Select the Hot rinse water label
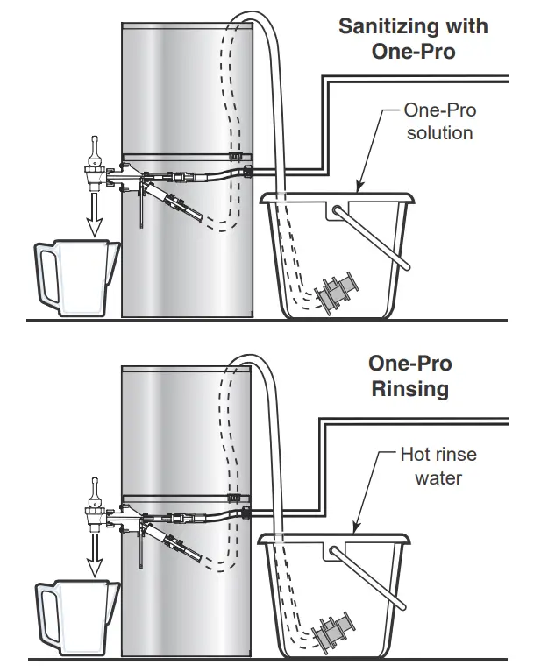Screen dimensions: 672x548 tap(438, 467)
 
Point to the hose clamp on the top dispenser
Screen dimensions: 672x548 tap(237, 157)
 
